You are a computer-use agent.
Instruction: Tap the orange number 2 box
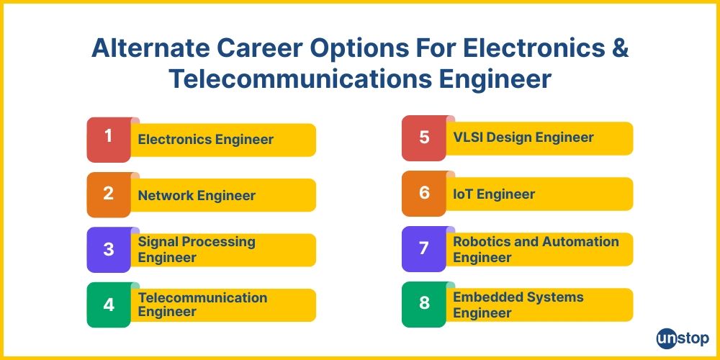109,194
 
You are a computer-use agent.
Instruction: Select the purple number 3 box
109,250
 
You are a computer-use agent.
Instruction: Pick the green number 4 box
109,305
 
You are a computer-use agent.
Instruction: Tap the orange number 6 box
424,193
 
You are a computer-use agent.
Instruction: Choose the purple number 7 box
424,248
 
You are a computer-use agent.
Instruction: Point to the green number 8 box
424,304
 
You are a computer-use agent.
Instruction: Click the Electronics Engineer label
205,140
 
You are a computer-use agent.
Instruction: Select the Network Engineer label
197,195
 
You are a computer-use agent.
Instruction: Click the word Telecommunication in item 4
202,297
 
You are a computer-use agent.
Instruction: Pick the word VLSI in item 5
469,137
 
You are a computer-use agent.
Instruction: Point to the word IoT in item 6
463,194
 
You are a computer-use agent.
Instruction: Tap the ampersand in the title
619,48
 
